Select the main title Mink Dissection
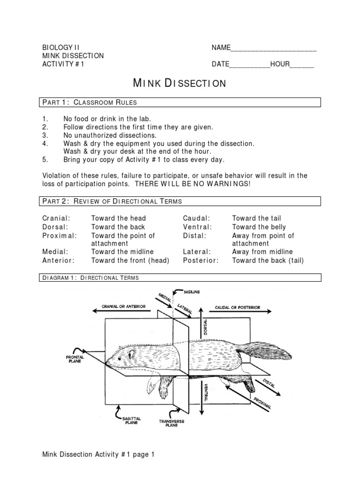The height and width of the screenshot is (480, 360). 180,83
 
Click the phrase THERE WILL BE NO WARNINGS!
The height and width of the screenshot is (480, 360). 193,184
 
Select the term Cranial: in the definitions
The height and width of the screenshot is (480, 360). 56,218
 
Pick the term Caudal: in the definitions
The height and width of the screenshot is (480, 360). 196,218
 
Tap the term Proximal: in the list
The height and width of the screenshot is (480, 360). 60,235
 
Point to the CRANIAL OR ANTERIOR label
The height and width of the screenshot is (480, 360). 124,307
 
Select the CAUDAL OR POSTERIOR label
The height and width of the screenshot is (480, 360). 237,308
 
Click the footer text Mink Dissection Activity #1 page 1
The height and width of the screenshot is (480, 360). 98,454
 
